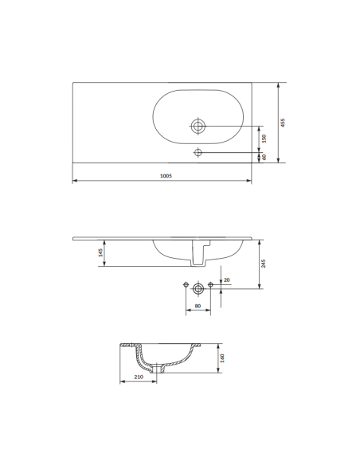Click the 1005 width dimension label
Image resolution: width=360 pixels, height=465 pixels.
pos(166,176)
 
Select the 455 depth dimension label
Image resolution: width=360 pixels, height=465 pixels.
pos(283,122)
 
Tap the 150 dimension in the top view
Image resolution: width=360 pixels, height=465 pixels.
pos(264,138)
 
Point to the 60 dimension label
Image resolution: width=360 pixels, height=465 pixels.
pos(264,157)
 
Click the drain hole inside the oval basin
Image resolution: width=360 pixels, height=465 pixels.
pos(198,126)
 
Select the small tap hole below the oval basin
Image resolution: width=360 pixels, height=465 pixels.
pos(198,152)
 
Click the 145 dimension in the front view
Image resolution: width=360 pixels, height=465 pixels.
pos(101,252)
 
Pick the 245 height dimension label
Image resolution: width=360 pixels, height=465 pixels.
pos(264,264)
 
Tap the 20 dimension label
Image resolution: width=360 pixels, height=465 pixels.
pos(227,279)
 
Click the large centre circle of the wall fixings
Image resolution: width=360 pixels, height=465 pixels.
pos(198,287)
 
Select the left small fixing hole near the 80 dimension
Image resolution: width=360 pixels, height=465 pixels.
pos(186,285)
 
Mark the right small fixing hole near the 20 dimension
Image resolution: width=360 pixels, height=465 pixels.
pos(210,285)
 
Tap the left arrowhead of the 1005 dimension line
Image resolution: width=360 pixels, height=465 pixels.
pos(74,181)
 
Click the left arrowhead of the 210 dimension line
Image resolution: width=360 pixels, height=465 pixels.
pos(122,381)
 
